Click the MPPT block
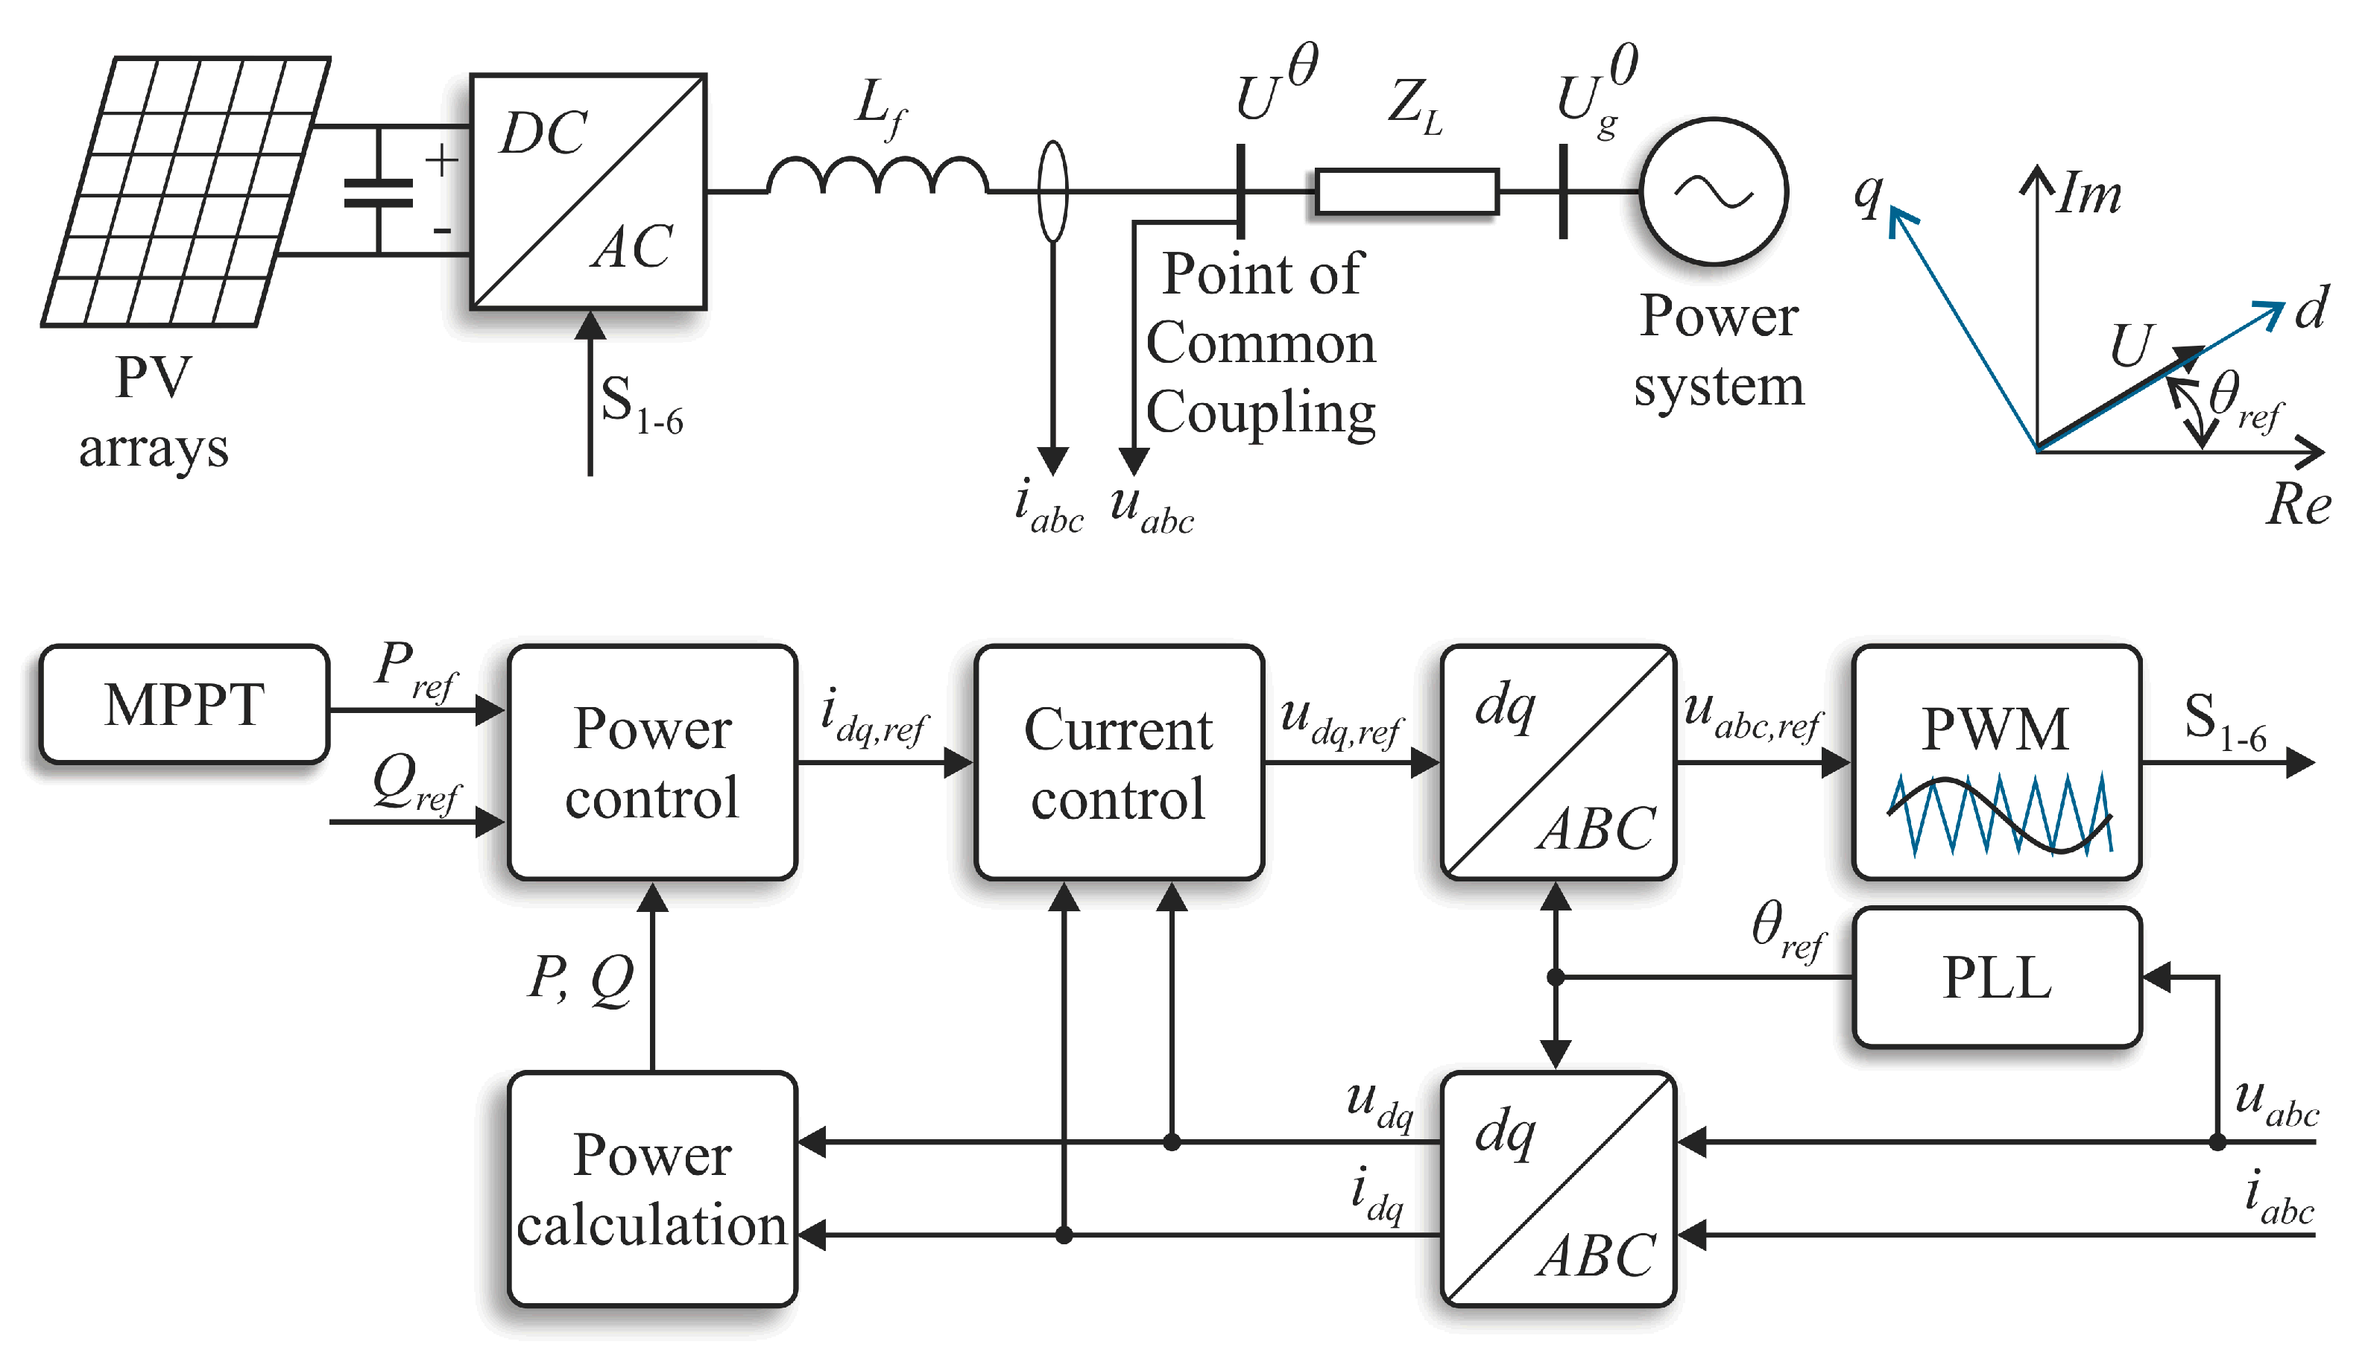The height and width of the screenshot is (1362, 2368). (x=183, y=704)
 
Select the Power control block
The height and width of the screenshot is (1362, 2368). (x=652, y=762)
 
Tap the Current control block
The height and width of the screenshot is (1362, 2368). (x=1118, y=762)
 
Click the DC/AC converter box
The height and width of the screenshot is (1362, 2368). (x=587, y=191)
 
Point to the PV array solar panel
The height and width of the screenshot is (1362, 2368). (x=186, y=191)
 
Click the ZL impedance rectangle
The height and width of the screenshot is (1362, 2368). (x=1406, y=191)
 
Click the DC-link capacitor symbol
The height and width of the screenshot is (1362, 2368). (x=379, y=191)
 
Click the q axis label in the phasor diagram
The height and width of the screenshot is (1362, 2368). (x=1867, y=194)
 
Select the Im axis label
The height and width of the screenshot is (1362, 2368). (x=2088, y=194)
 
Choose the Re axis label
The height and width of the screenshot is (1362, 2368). (x=2298, y=505)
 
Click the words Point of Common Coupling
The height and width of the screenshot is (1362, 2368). (x=1260, y=343)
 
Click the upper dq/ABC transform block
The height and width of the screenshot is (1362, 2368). (x=1558, y=762)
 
